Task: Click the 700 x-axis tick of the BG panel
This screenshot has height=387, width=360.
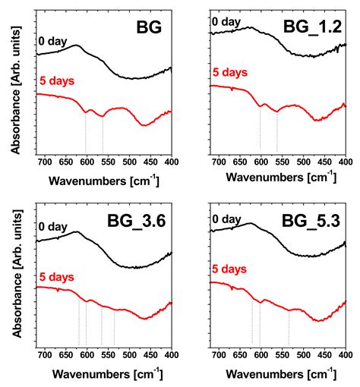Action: click(x=44, y=162)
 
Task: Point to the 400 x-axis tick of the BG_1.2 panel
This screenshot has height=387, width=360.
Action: click(x=345, y=162)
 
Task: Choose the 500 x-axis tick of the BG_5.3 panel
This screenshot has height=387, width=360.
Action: click(x=303, y=354)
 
